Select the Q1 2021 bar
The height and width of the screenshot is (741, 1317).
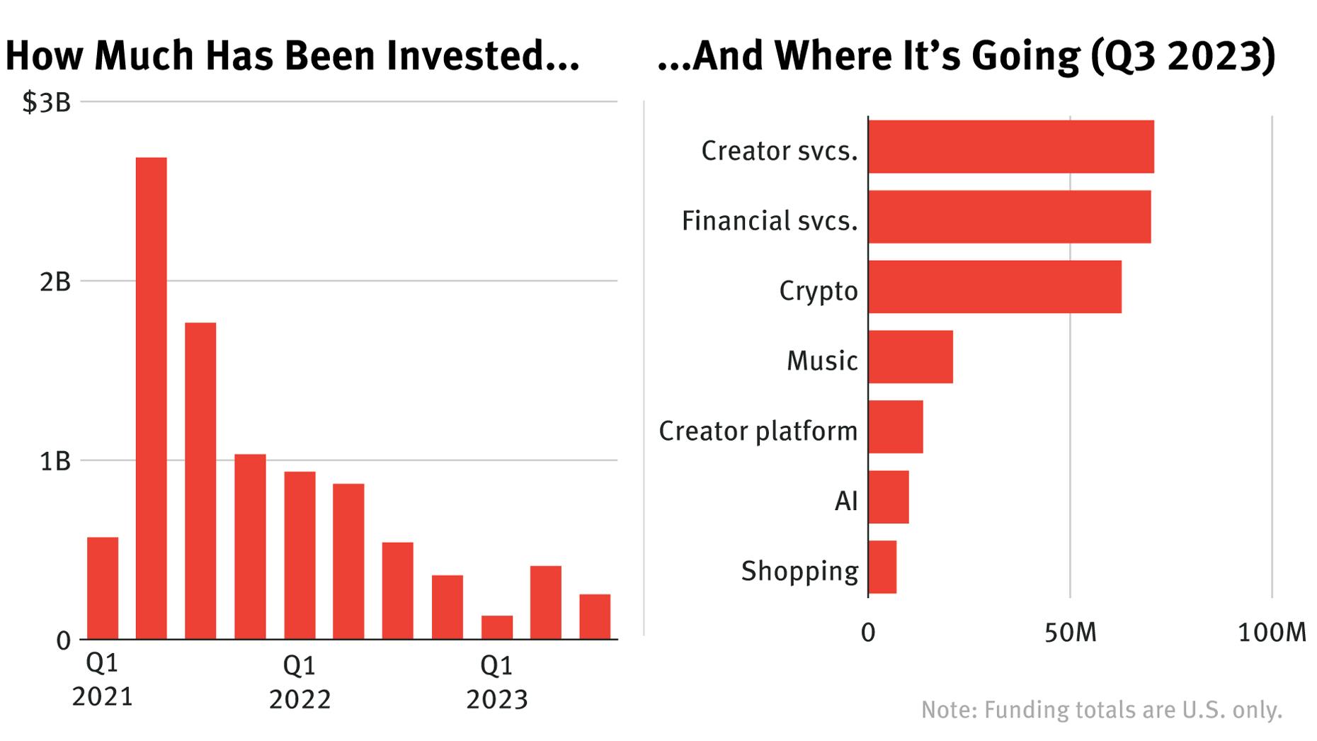tap(103, 588)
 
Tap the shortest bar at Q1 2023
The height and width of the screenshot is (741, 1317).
tap(496, 628)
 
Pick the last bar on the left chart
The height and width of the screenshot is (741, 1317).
tap(595, 617)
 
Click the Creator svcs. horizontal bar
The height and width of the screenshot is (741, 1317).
tap(1010, 147)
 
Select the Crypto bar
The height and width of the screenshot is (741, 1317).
tap(994, 287)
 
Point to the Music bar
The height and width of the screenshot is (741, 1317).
tap(910, 357)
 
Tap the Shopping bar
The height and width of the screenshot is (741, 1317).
tap(882, 567)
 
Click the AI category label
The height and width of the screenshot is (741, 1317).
tap(846, 501)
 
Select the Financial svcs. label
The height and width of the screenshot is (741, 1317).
tap(769, 220)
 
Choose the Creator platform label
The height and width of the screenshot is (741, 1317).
tap(758, 431)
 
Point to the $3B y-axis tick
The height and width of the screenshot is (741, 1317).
tap(47, 103)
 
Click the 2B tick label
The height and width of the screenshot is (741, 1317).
tap(55, 282)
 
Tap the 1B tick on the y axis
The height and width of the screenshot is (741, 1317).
tap(55, 461)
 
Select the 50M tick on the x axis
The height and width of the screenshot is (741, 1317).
tap(1070, 633)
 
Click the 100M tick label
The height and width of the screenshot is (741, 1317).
tap(1272, 633)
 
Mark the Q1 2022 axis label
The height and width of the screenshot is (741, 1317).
tap(300, 682)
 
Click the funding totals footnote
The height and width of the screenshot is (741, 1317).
tap(1101, 710)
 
